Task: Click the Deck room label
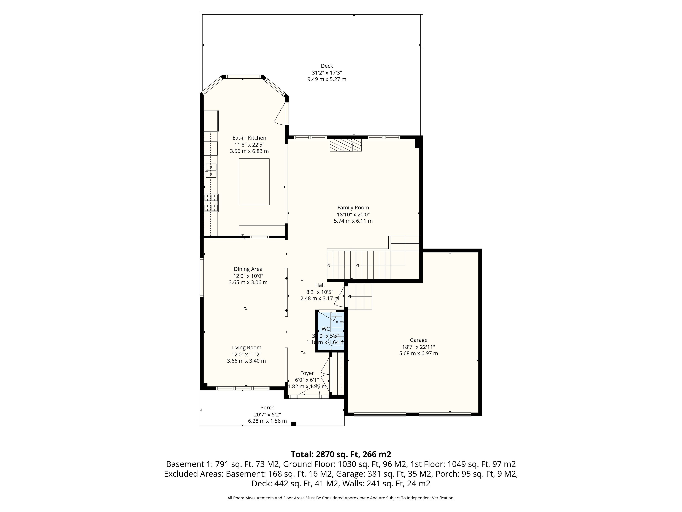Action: (x=327, y=66)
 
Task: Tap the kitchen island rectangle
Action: (x=254, y=182)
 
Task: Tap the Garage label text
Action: (x=418, y=340)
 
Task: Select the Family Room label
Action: (x=353, y=208)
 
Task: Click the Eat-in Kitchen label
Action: (x=249, y=138)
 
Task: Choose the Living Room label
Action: (x=246, y=348)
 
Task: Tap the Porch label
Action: (x=267, y=408)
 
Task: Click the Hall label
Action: (x=320, y=285)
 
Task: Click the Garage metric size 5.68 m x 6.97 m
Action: (x=418, y=353)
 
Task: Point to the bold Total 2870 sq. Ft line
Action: (x=341, y=454)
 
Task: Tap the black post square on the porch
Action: (x=294, y=424)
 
